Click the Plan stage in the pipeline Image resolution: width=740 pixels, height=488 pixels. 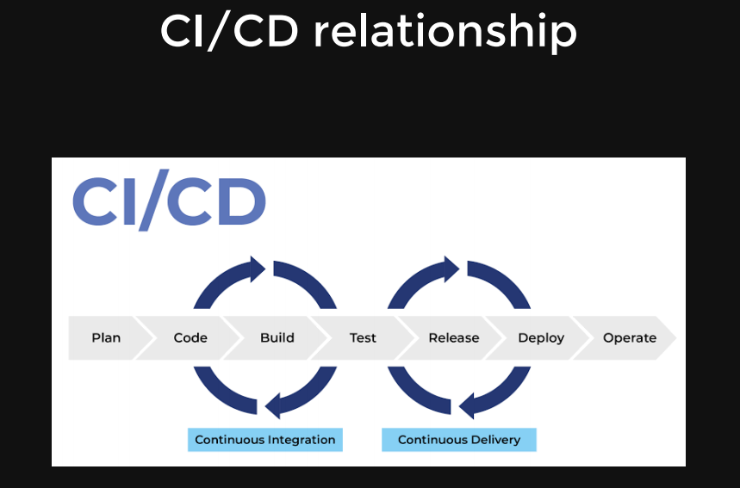106,338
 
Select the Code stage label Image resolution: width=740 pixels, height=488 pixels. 190,338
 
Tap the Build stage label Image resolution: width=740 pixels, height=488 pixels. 277,338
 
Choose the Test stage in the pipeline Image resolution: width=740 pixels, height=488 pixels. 363,338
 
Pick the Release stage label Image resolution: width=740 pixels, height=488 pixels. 453,338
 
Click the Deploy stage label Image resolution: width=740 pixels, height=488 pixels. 541,338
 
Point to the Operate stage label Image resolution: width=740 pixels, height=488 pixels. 630,338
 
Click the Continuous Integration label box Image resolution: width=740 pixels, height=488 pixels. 265,440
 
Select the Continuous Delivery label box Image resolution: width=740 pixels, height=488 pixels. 459,440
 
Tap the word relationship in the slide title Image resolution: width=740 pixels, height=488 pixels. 445,33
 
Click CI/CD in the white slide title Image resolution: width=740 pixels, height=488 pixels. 229,33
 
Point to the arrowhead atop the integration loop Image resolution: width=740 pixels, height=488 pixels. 256,269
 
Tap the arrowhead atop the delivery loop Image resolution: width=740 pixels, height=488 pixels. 450,269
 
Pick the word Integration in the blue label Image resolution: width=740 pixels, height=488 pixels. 301,440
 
